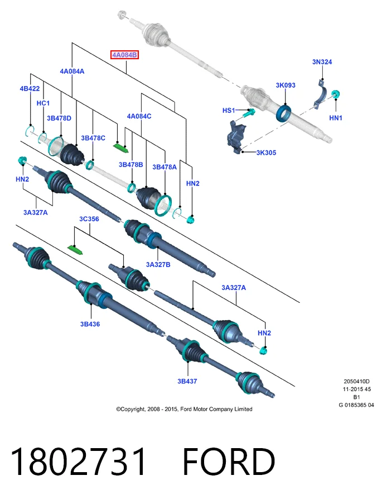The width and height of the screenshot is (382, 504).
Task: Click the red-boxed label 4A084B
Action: point(124,55)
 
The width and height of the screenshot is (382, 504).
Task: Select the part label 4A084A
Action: point(72,72)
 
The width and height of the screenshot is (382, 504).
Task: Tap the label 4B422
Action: point(30,89)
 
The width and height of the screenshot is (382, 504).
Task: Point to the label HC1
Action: point(43,103)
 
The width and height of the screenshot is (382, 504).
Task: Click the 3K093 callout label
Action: point(286,85)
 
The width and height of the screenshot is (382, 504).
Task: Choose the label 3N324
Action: point(322,61)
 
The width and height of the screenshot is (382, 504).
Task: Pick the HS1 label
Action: point(229,111)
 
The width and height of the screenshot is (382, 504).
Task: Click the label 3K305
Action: point(266,153)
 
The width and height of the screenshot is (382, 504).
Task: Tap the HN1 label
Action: point(336,118)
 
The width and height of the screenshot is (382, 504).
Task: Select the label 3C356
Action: point(89,219)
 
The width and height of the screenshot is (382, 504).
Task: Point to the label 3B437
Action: point(187,381)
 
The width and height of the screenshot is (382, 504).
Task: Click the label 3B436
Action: point(90,324)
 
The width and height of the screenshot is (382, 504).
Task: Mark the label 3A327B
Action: point(158,264)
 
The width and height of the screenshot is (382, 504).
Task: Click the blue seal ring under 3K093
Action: point(283,113)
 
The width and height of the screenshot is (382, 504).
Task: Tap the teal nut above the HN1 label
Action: point(336,94)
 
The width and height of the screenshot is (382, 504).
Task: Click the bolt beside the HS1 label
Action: point(249,113)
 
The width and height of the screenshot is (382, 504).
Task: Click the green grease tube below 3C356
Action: point(76,249)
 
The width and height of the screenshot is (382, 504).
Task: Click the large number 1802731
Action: point(78,462)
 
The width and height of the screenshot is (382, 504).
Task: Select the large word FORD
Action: point(229,462)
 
